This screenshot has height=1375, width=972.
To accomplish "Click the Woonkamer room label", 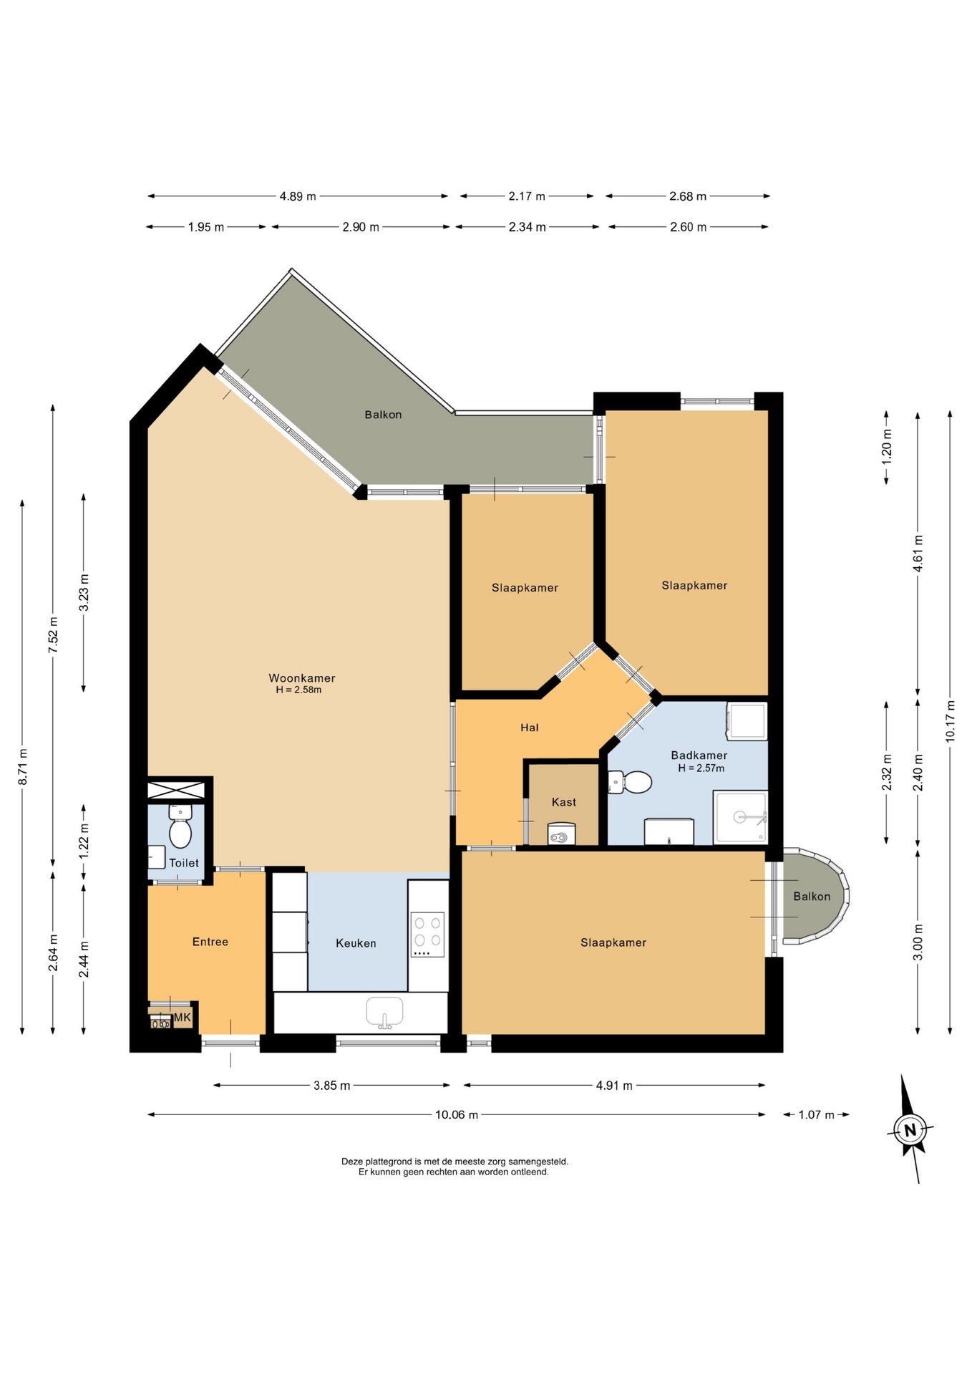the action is [x=301, y=678].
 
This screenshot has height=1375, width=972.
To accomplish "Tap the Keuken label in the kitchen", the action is [x=356, y=943].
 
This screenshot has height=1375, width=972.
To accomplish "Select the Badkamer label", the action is [x=699, y=756].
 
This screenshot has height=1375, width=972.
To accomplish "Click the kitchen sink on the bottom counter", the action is [x=384, y=1013].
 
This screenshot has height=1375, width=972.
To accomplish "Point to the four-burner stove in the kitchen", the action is [x=427, y=935].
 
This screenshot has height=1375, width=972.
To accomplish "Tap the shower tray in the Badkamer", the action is [x=740, y=817].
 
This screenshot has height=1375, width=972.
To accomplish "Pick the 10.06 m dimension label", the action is [x=457, y=1114].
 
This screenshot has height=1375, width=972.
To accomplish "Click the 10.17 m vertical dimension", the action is [x=950, y=720].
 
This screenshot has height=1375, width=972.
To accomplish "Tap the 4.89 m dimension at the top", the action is [x=298, y=196].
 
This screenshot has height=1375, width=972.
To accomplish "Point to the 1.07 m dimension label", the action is [x=817, y=1114].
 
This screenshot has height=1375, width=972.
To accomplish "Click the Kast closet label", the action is [x=564, y=802].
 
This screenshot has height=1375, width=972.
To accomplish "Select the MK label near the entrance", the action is [x=183, y=1018].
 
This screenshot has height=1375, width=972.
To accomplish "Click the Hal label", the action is [x=530, y=728].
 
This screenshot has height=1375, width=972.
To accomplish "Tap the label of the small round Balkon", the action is [x=812, y=897].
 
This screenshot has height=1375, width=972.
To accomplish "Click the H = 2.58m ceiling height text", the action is [x=298, y=690].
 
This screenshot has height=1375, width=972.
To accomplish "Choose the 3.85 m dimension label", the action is [x=332, y=1086].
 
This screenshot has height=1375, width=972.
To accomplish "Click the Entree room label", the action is [x=210, y=942].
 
